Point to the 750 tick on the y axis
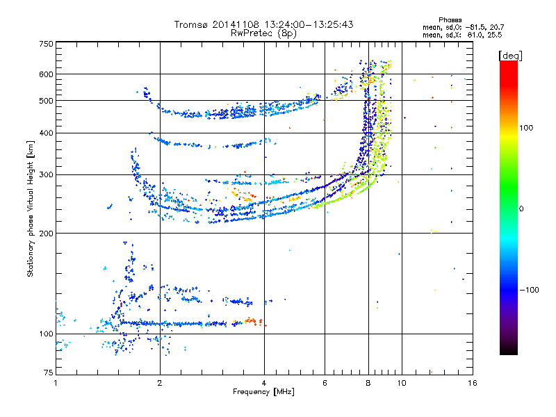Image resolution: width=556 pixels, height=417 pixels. [x=47, y=43]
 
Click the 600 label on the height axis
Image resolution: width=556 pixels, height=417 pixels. [x=47, y=74]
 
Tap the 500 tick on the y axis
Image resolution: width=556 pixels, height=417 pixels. [x=47, y=101]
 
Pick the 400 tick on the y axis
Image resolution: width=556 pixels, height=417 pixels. [x=47, y=133]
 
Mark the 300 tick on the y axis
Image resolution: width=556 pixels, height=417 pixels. [x=47, y=174]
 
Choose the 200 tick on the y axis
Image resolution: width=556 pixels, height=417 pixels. [x=47, y=233]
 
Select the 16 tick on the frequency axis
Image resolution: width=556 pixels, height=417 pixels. [x=472, y=384]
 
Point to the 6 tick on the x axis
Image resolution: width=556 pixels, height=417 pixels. [x=325, y=384]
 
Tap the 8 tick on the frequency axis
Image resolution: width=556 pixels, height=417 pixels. [x=368, y=384]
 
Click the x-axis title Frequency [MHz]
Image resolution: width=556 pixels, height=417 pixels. [x=263, y=392]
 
